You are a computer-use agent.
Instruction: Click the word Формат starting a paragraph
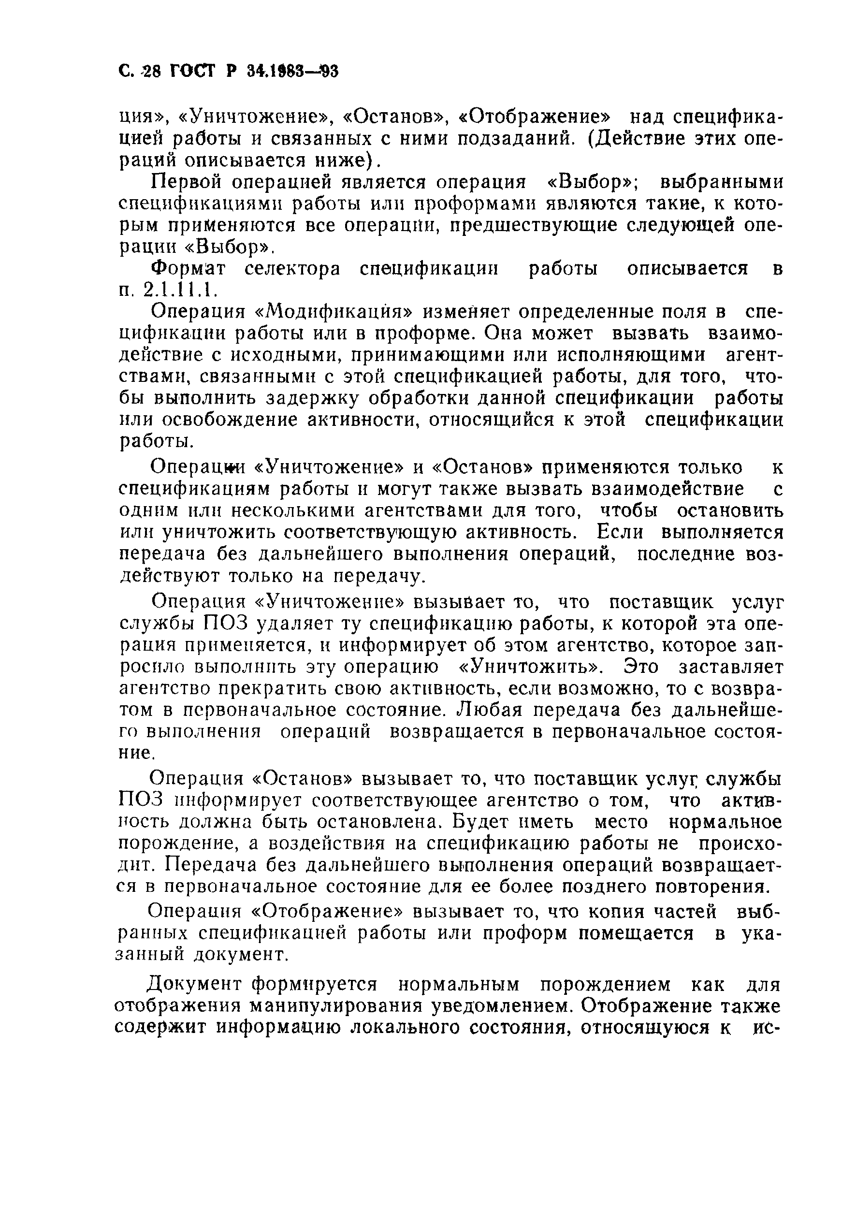pos(188,269)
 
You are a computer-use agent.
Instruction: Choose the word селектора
pos(292,269)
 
